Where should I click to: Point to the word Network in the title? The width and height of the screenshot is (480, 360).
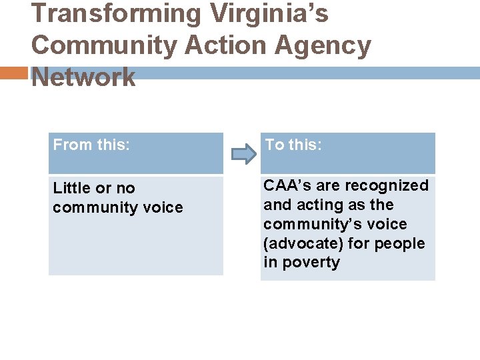pyautogui.click(x=83, y=77)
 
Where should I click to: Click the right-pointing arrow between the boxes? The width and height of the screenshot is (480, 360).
pyautogui.click(x=243, y=155)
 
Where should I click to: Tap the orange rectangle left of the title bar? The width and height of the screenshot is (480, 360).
pyautogui.click(x=14, y=73)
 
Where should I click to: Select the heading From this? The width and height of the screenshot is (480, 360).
pyautogui.click(x=91, y=145)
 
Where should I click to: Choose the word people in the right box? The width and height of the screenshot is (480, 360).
pyautogui.click(x=399, y=243)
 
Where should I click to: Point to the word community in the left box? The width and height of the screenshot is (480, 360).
pyautogui.click(x=96, y=207)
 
